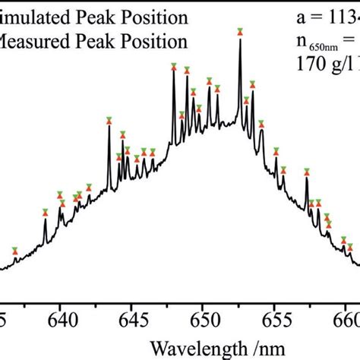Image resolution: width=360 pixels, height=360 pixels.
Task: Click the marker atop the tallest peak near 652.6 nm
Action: [x=240, y=32]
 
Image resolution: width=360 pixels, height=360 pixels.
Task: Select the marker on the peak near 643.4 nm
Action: [x=109, y=120]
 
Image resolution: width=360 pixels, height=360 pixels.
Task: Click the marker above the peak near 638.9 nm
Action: [x=45, y=213]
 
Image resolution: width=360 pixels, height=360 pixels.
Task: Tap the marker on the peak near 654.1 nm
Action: [x=261, y=125]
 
